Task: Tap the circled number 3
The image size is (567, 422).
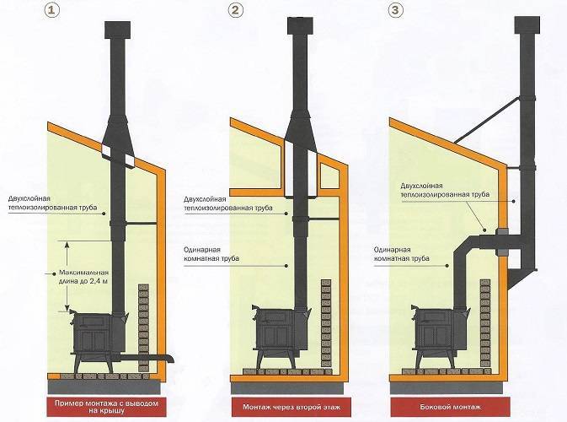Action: pos(395,12)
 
